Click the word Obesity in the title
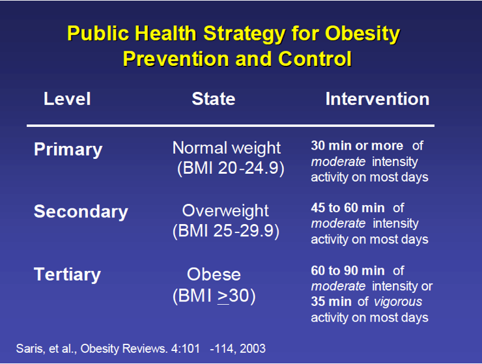point(363,34)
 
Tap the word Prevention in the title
point(176,59)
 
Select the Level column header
point(67,99)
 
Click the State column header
point(214,99)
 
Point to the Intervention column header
point(378,99)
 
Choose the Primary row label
point(68,150)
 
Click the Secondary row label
point(81,212)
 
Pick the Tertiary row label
point(67,275)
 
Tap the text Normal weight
point(227,149)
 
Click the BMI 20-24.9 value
point(231,168)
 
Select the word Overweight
point(225,211)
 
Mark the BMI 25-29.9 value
point(226,231)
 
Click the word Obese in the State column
point(214,274)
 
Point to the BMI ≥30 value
point(214,296)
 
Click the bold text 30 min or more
point(357,146)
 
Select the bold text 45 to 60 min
point(348,208)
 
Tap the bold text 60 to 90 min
point(348,271)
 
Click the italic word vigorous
point(398,302)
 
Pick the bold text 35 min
point(331,302)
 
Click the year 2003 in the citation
point(253,348)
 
